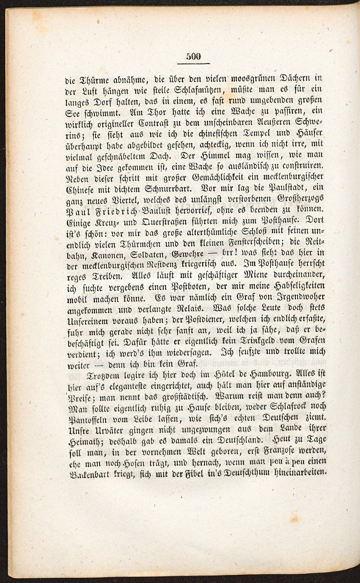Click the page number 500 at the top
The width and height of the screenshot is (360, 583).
[x=193, y=57]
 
